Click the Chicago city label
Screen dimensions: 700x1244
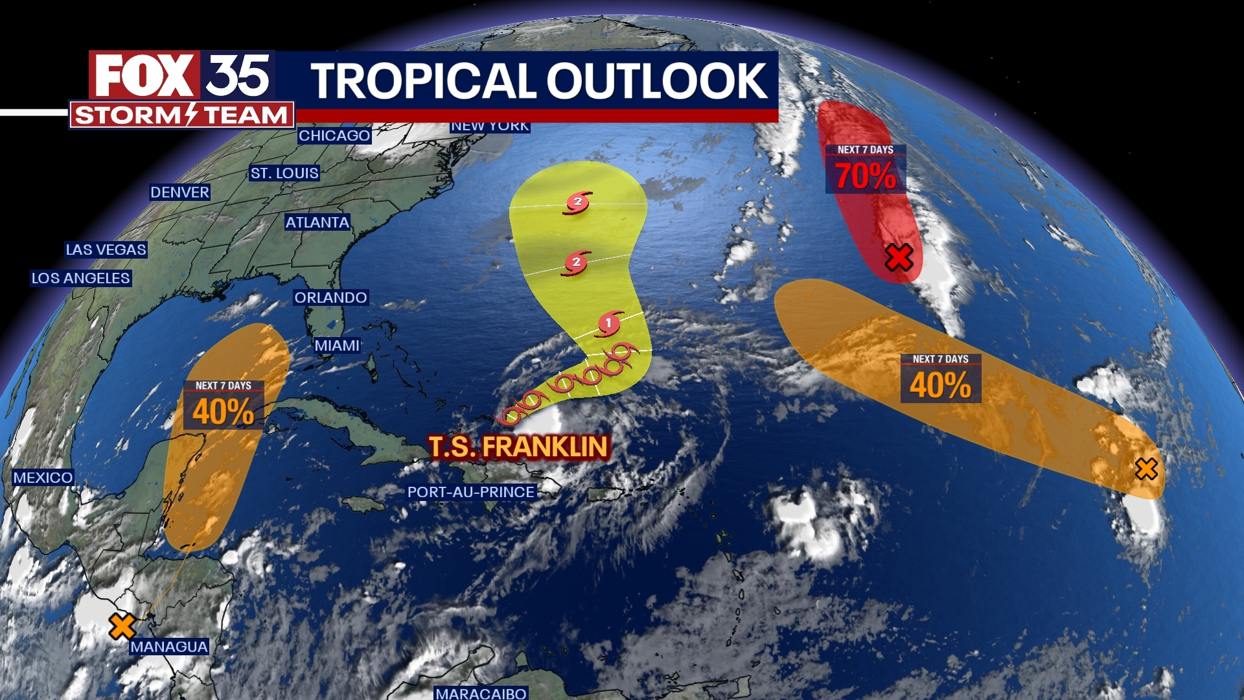click(x=334, y=135)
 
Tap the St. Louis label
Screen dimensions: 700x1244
click(x=284, y=173)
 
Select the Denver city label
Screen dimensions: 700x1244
click(x=179, y=192)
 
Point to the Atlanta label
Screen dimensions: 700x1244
click(x=317, y=222)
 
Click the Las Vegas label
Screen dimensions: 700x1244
click(x=106, y=250)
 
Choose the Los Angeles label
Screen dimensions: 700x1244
click(x=81, y=278)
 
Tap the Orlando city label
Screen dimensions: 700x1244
click(x=330, y=297)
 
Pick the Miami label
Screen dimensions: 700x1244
click(x=337, y=345)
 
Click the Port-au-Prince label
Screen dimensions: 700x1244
click(x=471, y=492)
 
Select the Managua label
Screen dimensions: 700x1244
click(x=169, y=646)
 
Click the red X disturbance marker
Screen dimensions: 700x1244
click(x=899, y=257)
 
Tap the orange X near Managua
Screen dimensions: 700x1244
click(x=122, y=626)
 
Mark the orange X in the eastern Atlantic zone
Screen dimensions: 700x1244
click(x=1146, y=469)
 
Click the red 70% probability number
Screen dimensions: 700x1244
click(x=866, y=176)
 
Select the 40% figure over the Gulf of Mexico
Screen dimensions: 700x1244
click(x=224, y=412)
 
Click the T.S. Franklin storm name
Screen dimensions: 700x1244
click(x=518, y=447)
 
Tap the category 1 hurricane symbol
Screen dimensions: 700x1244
click(x=608, y=323)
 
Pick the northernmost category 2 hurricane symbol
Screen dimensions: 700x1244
click(x=578, y=202)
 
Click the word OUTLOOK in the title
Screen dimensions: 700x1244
click(x=657, y=81)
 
